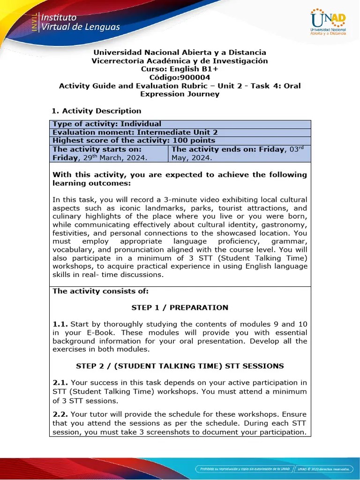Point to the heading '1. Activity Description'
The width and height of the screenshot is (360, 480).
click(x=96, y=111)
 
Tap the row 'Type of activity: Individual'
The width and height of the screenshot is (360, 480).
click(x=107, y=124)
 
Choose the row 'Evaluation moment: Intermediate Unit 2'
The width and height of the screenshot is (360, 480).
click(x=135, y=132)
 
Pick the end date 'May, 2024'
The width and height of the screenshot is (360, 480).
click(x=192, y=158)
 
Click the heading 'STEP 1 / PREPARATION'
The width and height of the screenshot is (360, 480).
click(x=180, y=307)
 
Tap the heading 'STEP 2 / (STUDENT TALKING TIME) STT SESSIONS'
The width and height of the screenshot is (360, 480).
click(x=180, y=366)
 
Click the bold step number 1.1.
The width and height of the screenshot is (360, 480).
click(x=60, y=324)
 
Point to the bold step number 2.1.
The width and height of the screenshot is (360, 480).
click(x=60, y=382)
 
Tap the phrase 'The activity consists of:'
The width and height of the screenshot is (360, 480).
click(x=100, y=291)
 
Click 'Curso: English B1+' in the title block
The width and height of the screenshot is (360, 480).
click(x=180, y=69)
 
